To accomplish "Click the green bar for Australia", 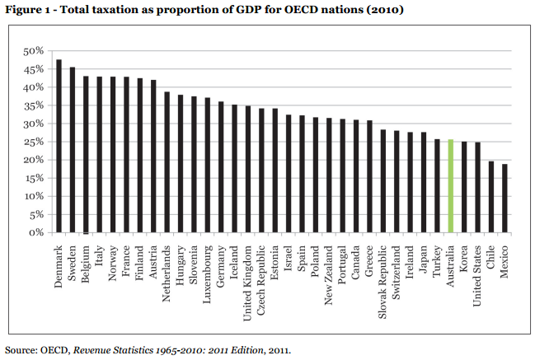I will coord(450,186).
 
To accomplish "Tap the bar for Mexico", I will coord(504,199).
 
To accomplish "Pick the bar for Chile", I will coord(491,197).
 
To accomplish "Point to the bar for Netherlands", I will coord(167,162).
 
